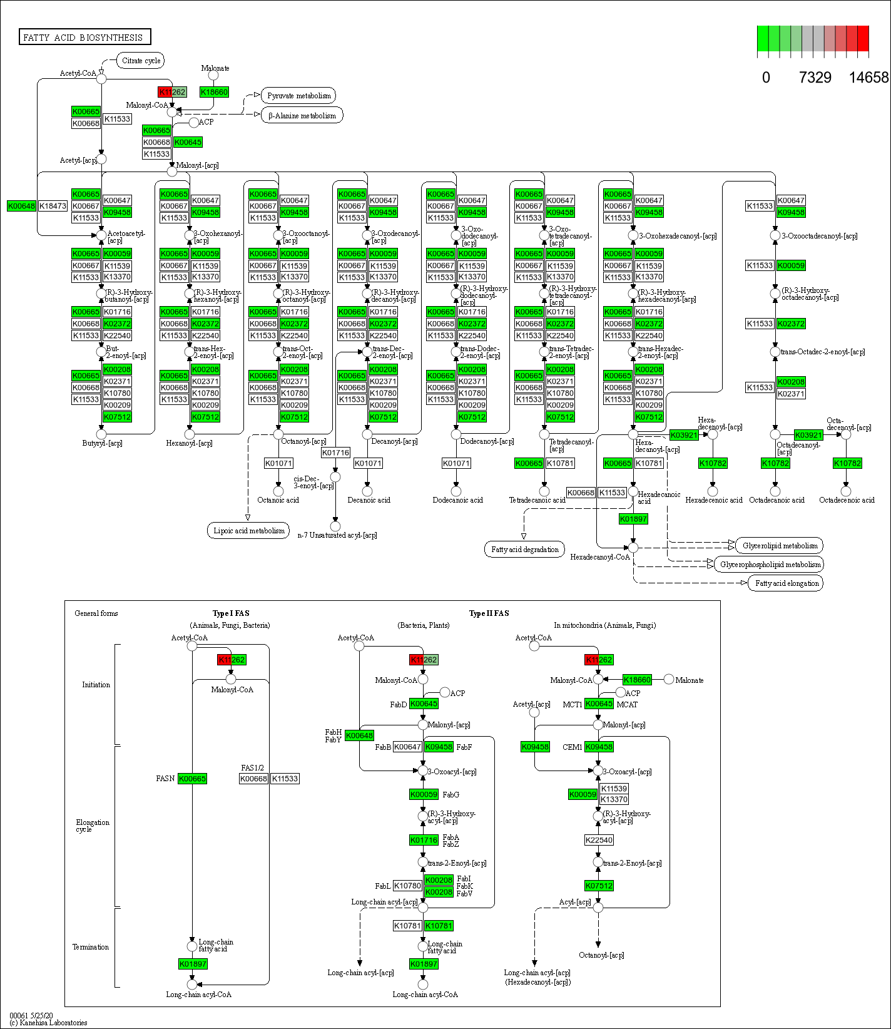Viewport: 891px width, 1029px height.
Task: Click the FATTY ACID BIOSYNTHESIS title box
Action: pos(84,38)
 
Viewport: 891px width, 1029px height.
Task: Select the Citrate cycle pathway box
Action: pos(141,61)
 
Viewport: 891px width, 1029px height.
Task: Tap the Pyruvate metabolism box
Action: pos(298,96)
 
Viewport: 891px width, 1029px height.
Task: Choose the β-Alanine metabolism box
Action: pos(302,116)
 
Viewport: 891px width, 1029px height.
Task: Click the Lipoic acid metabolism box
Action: pos(248,531)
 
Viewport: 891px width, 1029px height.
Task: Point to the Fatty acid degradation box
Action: pos(524,550)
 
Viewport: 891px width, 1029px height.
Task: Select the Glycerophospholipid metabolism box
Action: pos(770,565)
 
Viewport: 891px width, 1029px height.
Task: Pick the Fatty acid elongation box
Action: pos(787,583)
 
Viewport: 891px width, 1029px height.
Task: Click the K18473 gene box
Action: pos(53,206)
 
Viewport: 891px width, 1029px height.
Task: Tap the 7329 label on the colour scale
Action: pos(815,78)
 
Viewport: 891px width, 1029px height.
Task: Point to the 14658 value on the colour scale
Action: pos(868,78)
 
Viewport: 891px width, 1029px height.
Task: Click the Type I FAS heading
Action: pos(231,613)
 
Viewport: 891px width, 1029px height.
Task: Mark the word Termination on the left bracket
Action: pos(91,947)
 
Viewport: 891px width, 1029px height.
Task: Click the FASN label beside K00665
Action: pos(165,779)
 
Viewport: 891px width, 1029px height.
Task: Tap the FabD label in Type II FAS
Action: pos(399,705)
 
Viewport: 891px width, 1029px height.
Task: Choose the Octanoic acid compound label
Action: pos(278,500)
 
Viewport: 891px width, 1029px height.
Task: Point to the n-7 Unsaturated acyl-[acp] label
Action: pos(337,535)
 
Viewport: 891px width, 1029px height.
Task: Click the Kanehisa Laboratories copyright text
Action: pos(48,1023)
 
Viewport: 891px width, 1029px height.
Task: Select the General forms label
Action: pos(96,613)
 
